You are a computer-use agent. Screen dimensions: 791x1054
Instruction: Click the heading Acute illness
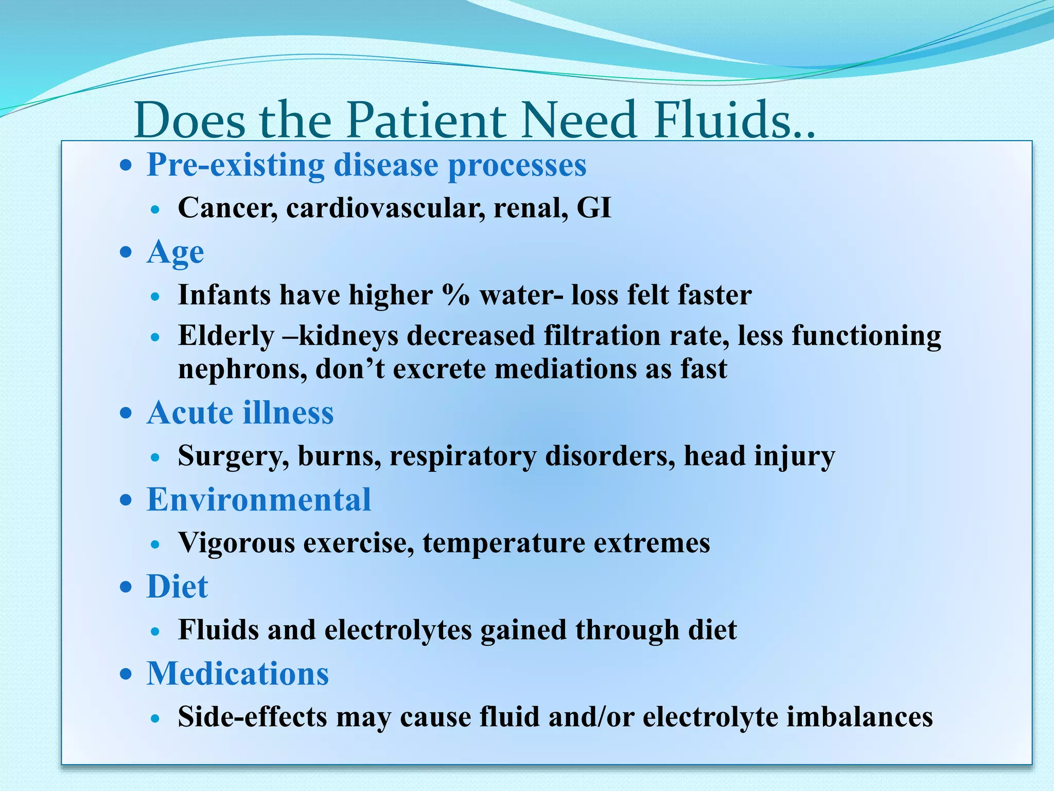240,413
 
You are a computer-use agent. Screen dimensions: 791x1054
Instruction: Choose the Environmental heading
259,500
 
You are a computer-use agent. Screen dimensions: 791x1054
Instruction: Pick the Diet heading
178,587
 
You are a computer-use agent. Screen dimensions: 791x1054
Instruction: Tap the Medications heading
238,674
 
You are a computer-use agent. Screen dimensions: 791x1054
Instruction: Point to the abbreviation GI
594,209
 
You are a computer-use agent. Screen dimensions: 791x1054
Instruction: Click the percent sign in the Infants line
455,296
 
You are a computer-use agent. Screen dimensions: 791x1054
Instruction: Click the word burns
339,456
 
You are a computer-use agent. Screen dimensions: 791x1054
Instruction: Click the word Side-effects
252,717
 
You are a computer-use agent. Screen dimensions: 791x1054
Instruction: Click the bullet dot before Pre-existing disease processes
126,166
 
